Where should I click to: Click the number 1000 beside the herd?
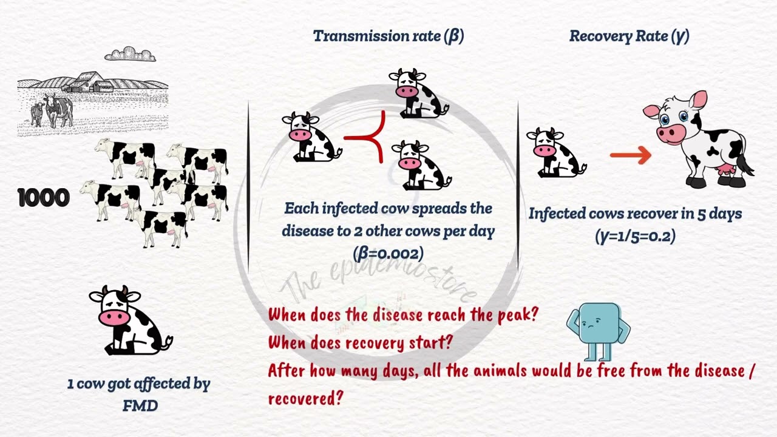pos(44,198)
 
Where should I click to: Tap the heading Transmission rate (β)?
pos(388,36)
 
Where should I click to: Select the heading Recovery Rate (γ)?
pos(629,36)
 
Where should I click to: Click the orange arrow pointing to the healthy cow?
pos(630,156)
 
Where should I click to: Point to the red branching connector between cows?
pos(370,138)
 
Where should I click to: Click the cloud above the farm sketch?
pos(130,55)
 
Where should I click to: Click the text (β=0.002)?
pos(388,253)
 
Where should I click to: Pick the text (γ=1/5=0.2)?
pos(635,236)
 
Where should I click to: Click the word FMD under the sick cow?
pos(140,405)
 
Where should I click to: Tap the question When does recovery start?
pos(361,343)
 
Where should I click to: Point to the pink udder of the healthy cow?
pos(725,171)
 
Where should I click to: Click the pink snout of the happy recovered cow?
pos(670,133)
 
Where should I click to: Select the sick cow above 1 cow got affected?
pos(129,320)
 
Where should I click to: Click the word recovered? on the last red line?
pos(306,398)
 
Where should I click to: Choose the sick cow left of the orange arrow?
pos(555,153)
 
